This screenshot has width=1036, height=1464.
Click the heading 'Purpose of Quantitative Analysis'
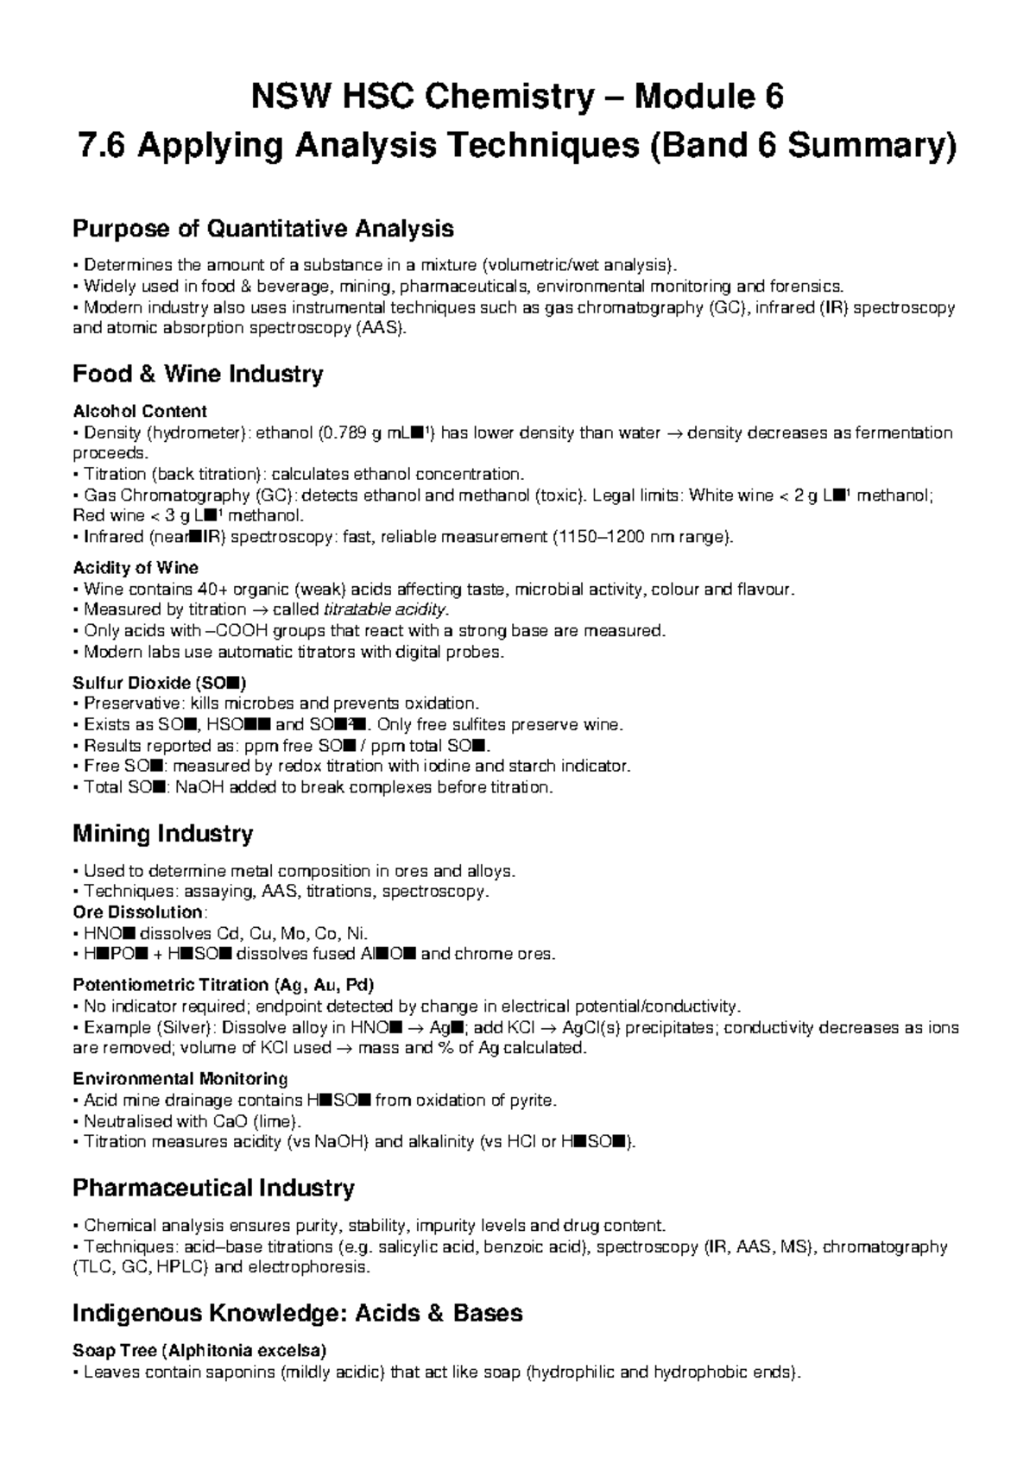click(x=263, y=229)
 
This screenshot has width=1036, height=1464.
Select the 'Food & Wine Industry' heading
click(x=198, y=374)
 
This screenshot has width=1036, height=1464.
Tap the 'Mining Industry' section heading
click(x=162, y=834)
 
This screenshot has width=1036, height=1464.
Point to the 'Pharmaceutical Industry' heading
click(x=213, y=1189)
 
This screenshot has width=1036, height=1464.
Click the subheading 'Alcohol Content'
click(x=140, y=411)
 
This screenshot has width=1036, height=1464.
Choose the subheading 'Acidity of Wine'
click(x=136, y=568)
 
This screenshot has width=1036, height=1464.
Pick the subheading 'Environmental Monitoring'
click(x=180, y=1079)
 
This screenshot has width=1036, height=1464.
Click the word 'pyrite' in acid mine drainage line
click(x=533, y=1101)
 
